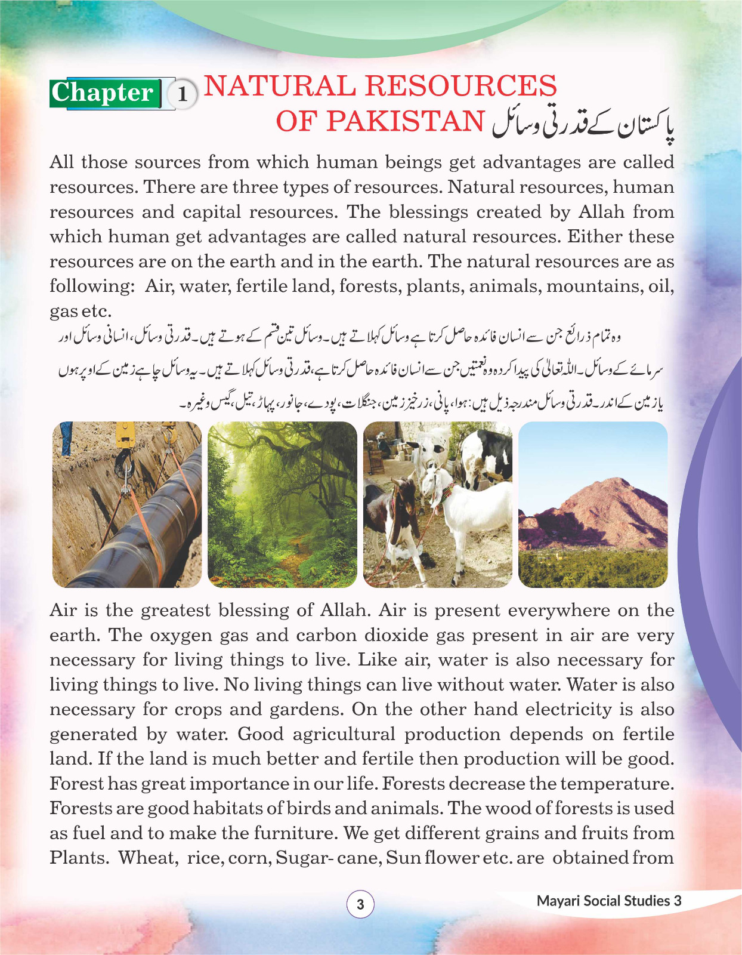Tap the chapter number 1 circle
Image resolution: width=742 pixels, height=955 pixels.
click(x=183, y=94)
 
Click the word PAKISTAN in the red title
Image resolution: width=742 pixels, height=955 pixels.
click(x=405, y=121)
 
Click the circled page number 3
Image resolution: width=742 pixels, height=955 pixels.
click(x=360, y=904)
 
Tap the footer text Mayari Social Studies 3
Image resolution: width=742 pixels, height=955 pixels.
click(x=608, y=901)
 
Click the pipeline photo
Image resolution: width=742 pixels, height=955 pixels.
click(x=127, y=504)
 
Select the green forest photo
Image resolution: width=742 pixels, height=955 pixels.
click(x=282, y=504)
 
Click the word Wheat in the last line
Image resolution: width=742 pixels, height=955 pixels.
click(x=147, y=858)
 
